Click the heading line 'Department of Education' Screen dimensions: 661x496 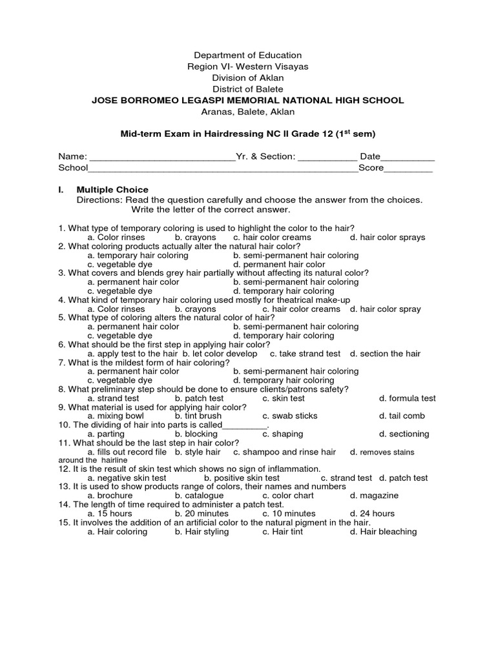point(248,56)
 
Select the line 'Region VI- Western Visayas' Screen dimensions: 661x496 point(248,66)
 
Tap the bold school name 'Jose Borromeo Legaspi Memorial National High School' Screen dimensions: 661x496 point(248,100)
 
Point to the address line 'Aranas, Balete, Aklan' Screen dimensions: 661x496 point(248,112)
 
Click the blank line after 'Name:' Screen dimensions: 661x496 point(162,157)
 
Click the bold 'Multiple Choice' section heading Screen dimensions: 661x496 point(112,190)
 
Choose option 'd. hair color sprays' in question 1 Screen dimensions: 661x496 point(387,238)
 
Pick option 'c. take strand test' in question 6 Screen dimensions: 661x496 point(305,354)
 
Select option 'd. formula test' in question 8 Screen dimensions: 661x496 point(407,399)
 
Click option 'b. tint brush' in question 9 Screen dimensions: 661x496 point(198,416)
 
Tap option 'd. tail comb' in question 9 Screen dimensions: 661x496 point(402,416)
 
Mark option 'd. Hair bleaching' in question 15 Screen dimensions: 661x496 point(383,532)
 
